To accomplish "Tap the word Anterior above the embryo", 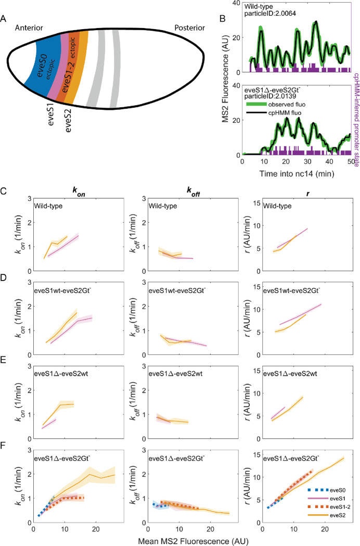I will (32, 27).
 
